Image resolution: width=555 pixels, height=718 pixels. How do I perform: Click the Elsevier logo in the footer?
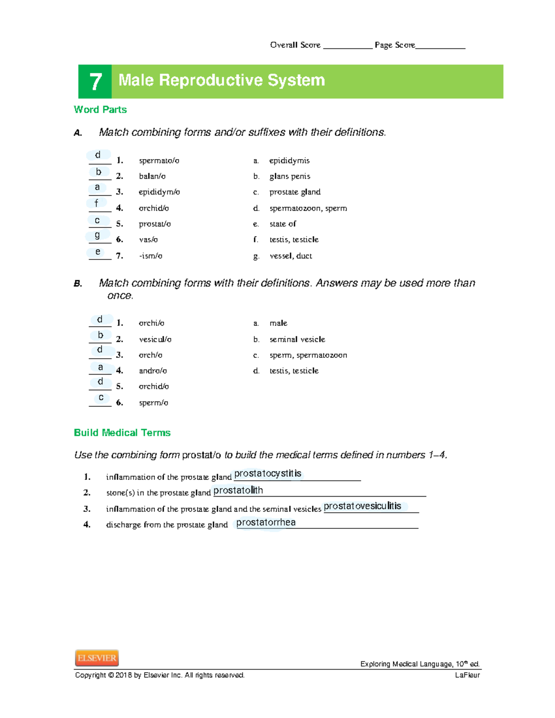[x=97, y=657]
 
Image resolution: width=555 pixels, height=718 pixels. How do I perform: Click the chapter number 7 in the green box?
[x=95, y=82]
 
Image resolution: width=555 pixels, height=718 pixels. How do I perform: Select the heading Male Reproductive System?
[x=222, y=80]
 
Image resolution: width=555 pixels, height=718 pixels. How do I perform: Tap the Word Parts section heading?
[x=100, y=110]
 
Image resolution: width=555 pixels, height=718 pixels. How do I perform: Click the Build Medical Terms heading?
[x=122, y=433]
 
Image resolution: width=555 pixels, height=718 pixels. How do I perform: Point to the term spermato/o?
[x=159, y=160]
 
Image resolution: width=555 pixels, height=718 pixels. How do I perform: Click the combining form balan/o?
[x=152, y=176]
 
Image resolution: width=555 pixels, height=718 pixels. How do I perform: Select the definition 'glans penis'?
[x=290, y=176]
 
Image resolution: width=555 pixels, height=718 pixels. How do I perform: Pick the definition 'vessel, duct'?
[x=290, y=256]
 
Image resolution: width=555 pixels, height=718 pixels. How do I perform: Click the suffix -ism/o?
[x=150, y=256]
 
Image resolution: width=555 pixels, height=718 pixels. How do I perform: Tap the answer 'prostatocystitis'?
[x=268, y=473]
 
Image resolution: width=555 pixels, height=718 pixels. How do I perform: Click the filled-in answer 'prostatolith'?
[x=238, y=490]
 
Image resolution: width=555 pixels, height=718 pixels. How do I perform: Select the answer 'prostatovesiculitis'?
[x=363, y=506]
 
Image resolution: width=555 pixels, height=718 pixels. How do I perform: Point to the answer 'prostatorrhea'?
[x=266, y=522]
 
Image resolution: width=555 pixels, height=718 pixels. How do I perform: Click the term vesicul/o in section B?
[x=155, y=339]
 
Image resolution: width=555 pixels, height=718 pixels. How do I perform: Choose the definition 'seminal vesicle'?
[x=297, y=339]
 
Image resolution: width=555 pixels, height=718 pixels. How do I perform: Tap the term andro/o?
[x=153, y=371]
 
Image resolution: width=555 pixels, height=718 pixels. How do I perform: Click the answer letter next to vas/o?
[x=97, y=236]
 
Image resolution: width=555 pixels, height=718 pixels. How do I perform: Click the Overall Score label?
[x=295, y=45]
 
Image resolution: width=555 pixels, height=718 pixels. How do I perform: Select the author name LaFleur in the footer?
[x=467, y=675]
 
